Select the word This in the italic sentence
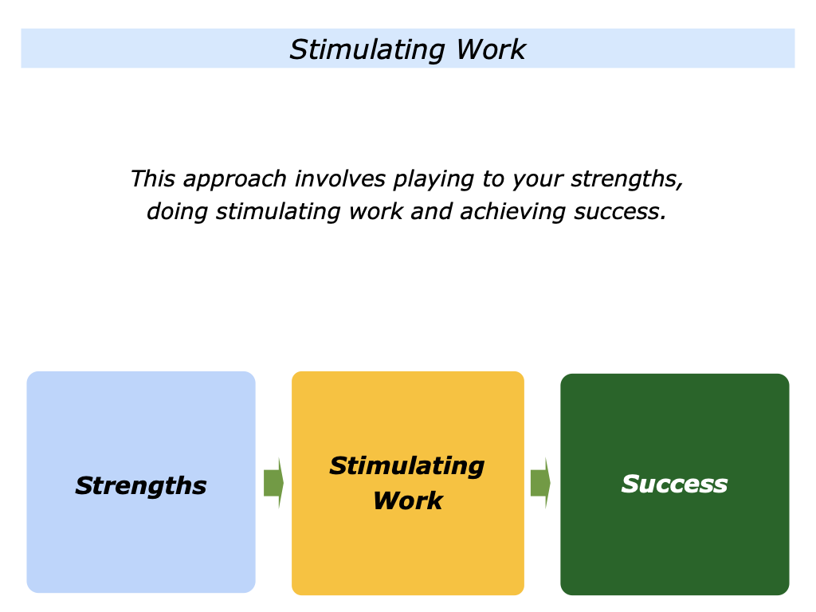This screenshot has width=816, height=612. coord(152,178)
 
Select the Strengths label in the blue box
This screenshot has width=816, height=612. coord(141,485)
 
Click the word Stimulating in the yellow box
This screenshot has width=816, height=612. coord(406,465)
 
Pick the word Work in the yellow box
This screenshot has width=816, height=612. coord(407,500)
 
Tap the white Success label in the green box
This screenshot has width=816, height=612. coord(674,484)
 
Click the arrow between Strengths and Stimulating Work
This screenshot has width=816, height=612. coord(273,483)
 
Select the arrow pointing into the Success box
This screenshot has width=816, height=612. coord(540,483)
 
